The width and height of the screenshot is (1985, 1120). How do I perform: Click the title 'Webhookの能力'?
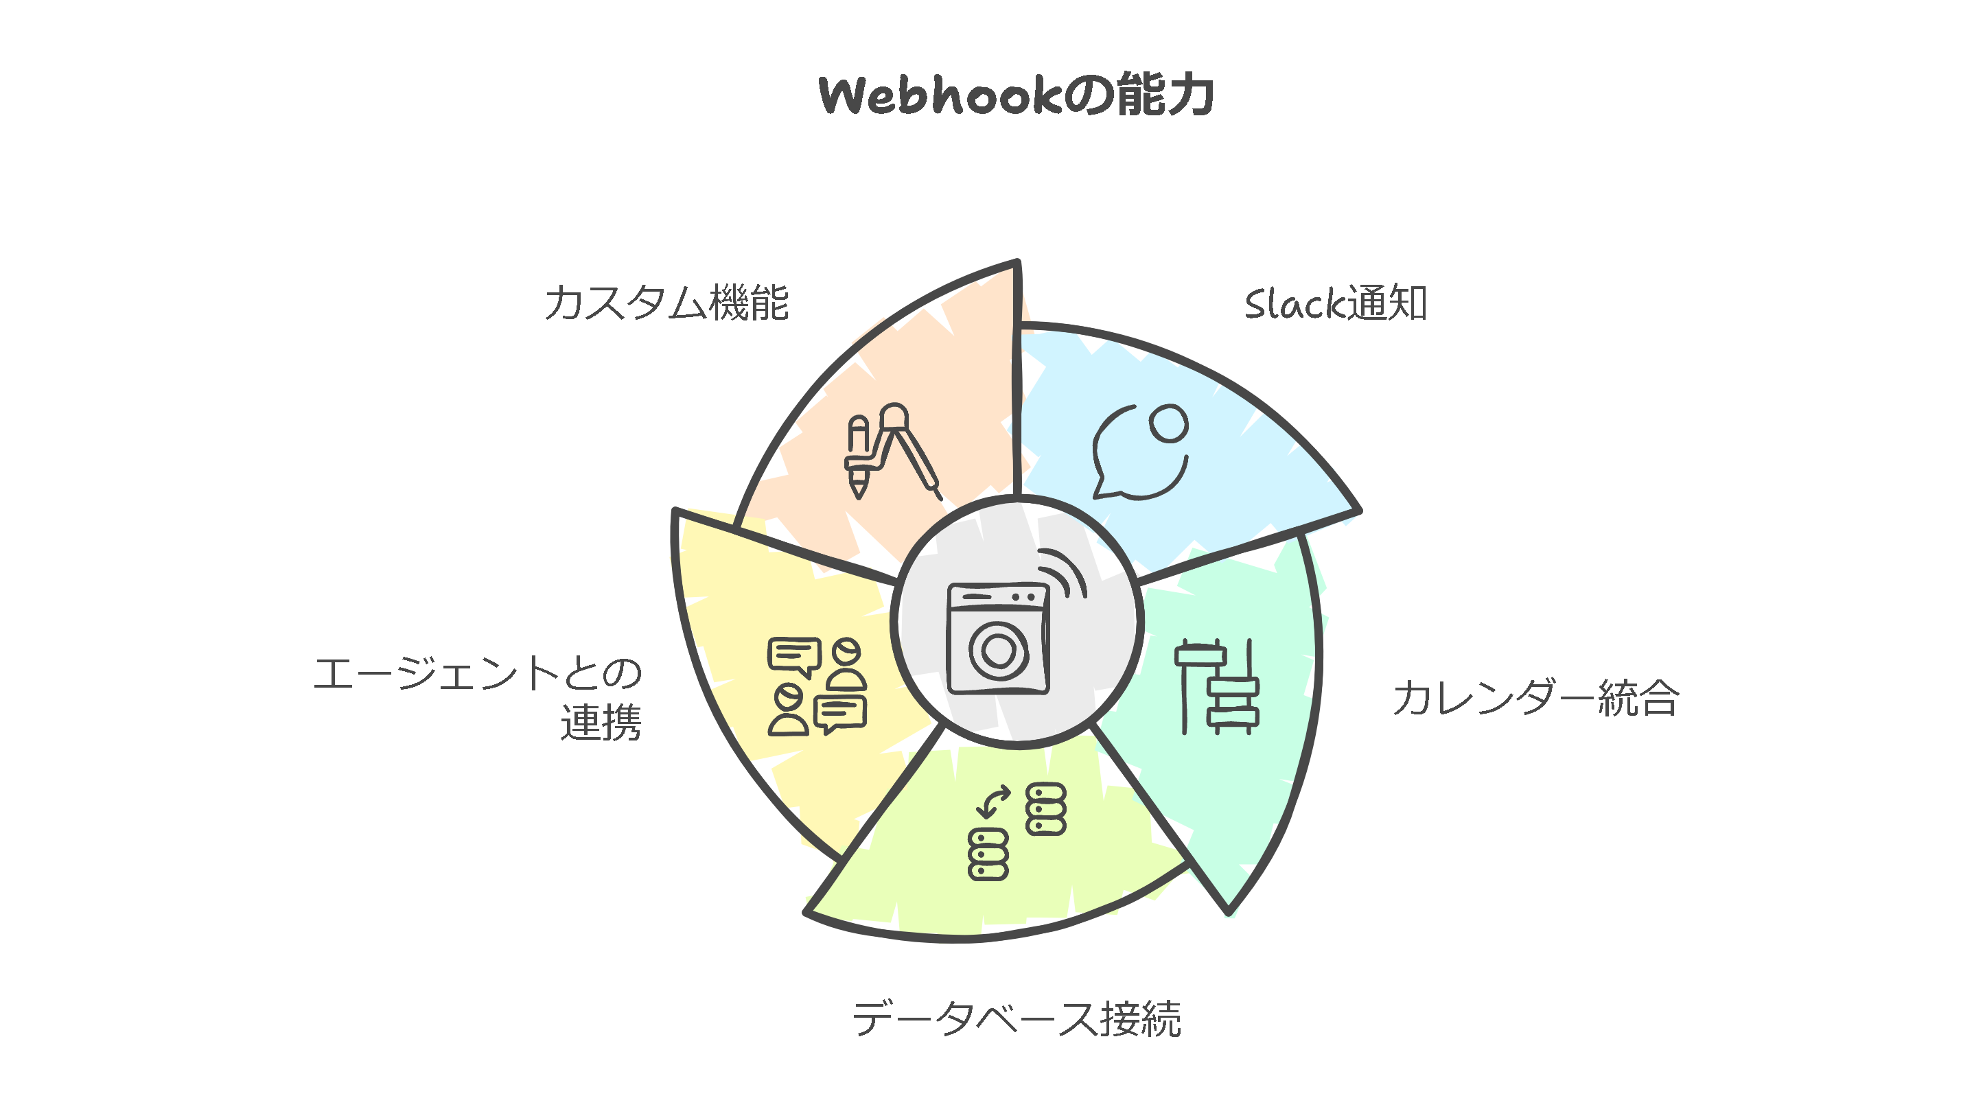(1016, 95)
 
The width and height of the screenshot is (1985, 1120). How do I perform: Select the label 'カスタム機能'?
(666, 302)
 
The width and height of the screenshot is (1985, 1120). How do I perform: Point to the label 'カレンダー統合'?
(1535, 699)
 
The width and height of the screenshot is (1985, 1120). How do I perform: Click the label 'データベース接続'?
(1017, 1018)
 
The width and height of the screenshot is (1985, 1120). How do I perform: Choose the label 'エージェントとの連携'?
(478, 698)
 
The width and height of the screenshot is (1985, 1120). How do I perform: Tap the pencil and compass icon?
(892, 452)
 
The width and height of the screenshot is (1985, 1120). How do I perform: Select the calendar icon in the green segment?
(1217, 686)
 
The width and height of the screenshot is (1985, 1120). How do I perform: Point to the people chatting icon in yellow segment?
(817, 686)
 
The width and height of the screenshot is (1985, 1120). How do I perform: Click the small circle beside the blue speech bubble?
(1168, 423)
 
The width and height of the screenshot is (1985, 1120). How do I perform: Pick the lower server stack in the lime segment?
(988, 854)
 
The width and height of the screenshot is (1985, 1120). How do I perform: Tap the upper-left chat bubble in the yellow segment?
(793, 656)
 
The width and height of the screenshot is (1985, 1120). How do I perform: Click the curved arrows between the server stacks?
(993, 801)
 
